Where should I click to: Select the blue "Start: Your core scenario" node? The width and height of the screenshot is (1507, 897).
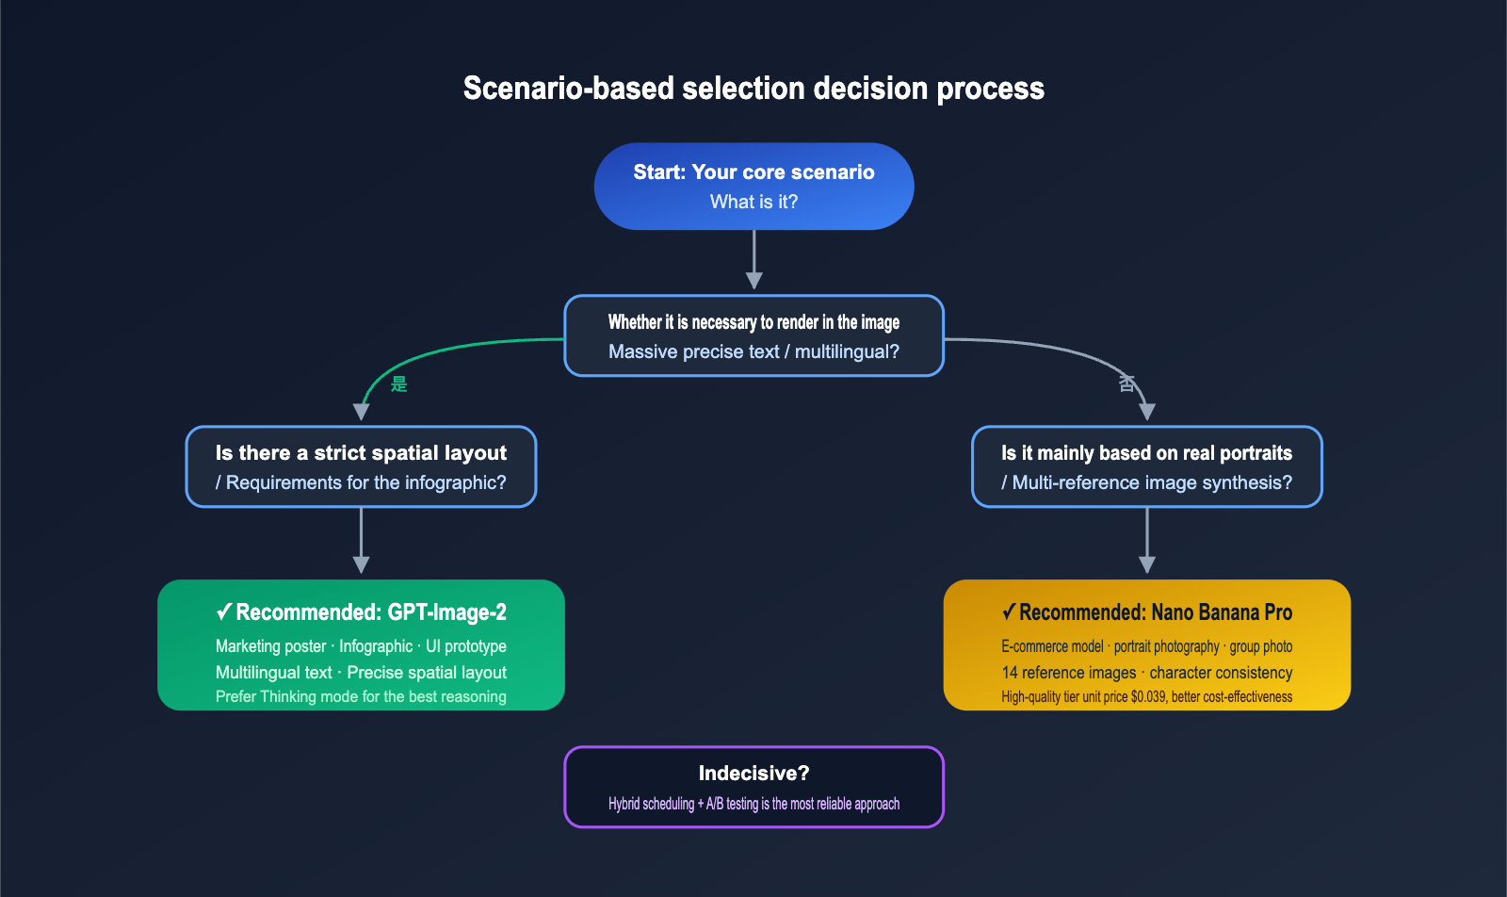pos(753,186)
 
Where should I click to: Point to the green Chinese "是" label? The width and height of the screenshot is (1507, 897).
pos(399,383)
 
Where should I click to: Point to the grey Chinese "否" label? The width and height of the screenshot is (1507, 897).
pos(1126,383)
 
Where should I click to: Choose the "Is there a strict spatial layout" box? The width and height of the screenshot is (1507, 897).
pos(361,466)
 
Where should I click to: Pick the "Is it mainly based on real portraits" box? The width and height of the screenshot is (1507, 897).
pos(1146,466)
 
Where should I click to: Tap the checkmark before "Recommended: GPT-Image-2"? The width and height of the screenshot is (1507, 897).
pos(224,612)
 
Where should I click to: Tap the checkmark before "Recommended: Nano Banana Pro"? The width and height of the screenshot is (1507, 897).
pos(1009,612)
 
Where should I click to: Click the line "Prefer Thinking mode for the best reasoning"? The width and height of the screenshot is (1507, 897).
pos(361,697)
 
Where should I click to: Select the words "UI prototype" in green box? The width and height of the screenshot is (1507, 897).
pos(466,646)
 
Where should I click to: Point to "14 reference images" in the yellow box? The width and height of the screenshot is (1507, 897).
pos(1069,673)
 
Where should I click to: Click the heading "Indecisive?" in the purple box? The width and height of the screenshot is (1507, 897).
pos(753,774)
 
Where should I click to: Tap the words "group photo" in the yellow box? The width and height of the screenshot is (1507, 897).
pos(1260,646)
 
